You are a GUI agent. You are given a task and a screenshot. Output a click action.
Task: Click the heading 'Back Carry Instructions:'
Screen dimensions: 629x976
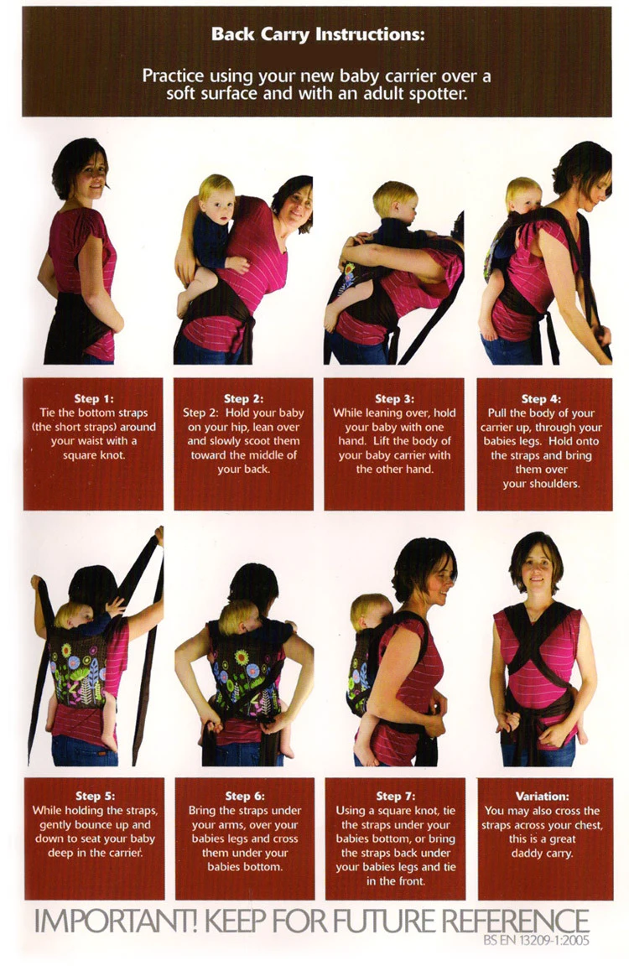point(318,34)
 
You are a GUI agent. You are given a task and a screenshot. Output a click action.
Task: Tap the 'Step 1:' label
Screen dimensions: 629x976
point(94,398)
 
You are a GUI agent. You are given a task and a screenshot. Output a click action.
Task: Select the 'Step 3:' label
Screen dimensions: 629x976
point(394,398)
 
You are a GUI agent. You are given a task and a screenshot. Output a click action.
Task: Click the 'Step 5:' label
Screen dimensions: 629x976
point(96,796)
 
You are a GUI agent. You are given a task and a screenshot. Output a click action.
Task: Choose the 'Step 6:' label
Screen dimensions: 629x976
point(245,796)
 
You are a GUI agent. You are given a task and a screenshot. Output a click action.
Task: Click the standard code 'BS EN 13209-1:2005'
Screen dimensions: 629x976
point(536,941)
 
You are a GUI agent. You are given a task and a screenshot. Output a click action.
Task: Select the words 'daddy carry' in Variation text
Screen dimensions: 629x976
point(542,853)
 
